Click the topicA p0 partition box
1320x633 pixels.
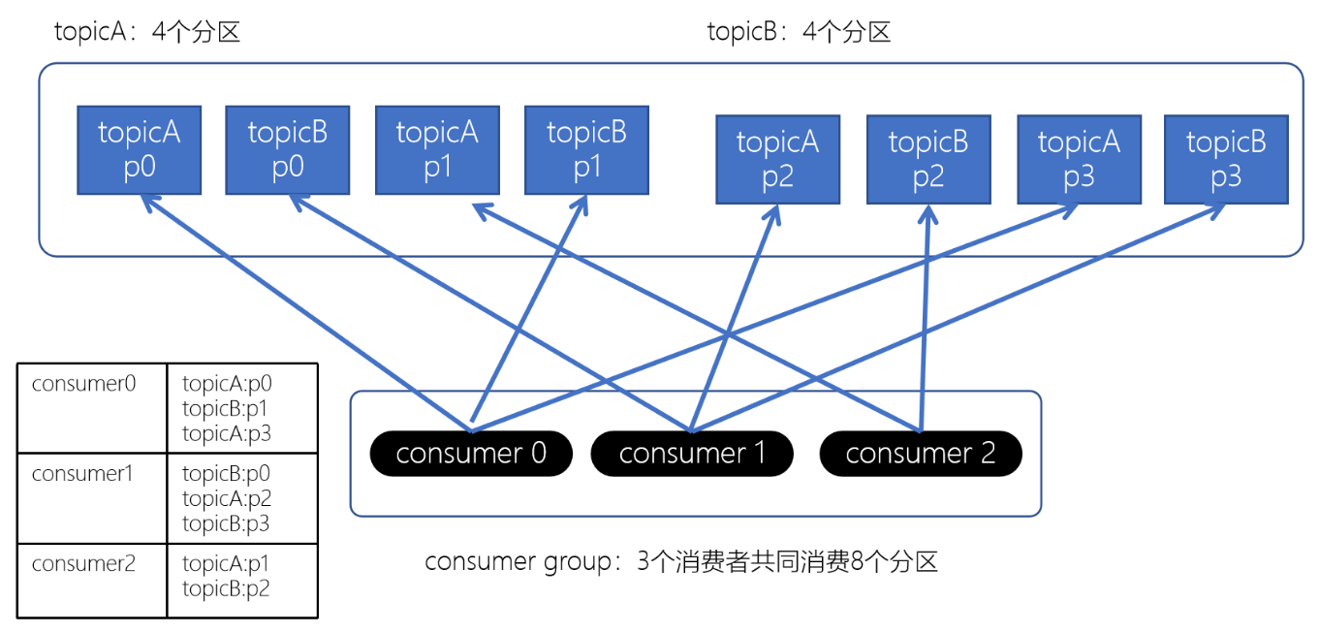[x=139, y=150]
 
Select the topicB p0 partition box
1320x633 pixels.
[x=288, y=150]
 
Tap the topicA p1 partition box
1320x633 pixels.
[x=437, y=150]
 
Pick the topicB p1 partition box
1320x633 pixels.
[x=586, y=150]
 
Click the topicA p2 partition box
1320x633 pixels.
[x=777, y=160]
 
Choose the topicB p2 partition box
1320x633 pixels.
[x=928, y=160]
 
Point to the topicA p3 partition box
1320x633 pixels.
[x=1079, y=160]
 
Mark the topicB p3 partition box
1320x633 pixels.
[x=1226, y=160]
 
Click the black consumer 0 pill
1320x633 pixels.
[x=471, y=454]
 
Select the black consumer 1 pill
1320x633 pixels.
[x=692, y=454]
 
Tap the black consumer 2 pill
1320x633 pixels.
[x=921, y=454]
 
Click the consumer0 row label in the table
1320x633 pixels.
[x=83, y=383]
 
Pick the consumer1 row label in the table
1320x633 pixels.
[x=83, y=474]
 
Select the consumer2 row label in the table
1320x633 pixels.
[x=83, y=563]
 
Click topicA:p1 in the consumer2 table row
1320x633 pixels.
[x=226, y=563]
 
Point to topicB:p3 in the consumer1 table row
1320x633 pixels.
[x=226, y=523]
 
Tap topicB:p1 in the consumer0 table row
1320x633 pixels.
[x=226, y=409]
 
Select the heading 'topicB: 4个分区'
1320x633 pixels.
[x=799, y=32]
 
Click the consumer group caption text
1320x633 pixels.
[x=681, y=562]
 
